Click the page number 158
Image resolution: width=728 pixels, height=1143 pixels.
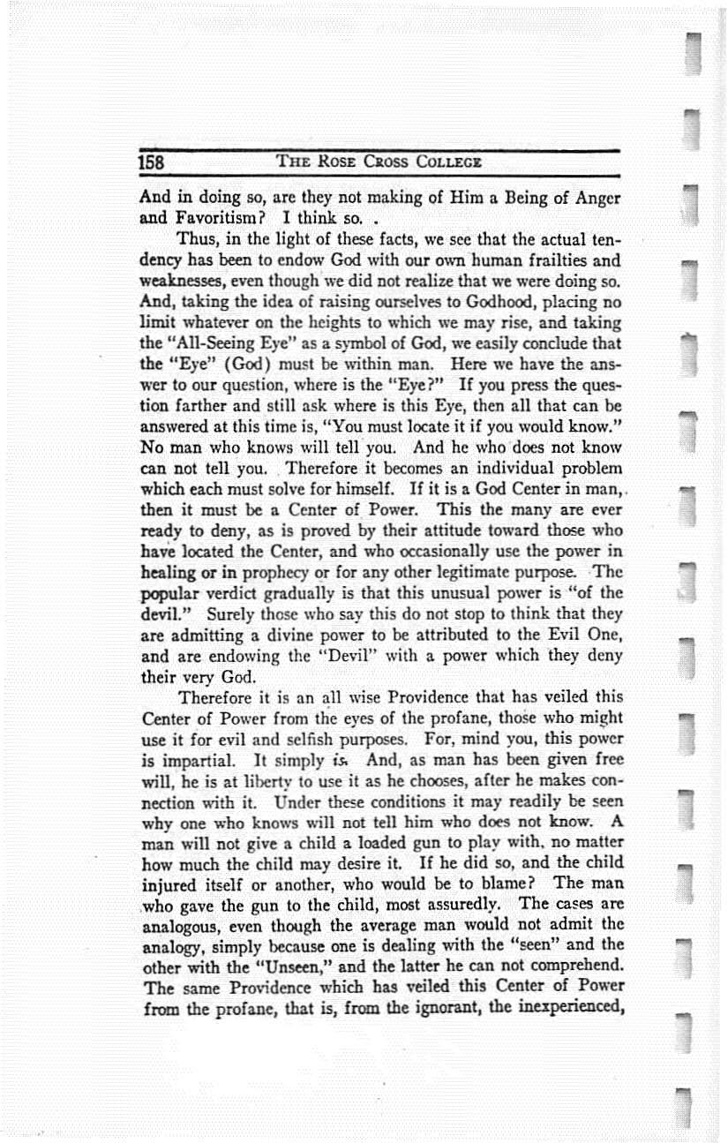coord(152,163)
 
